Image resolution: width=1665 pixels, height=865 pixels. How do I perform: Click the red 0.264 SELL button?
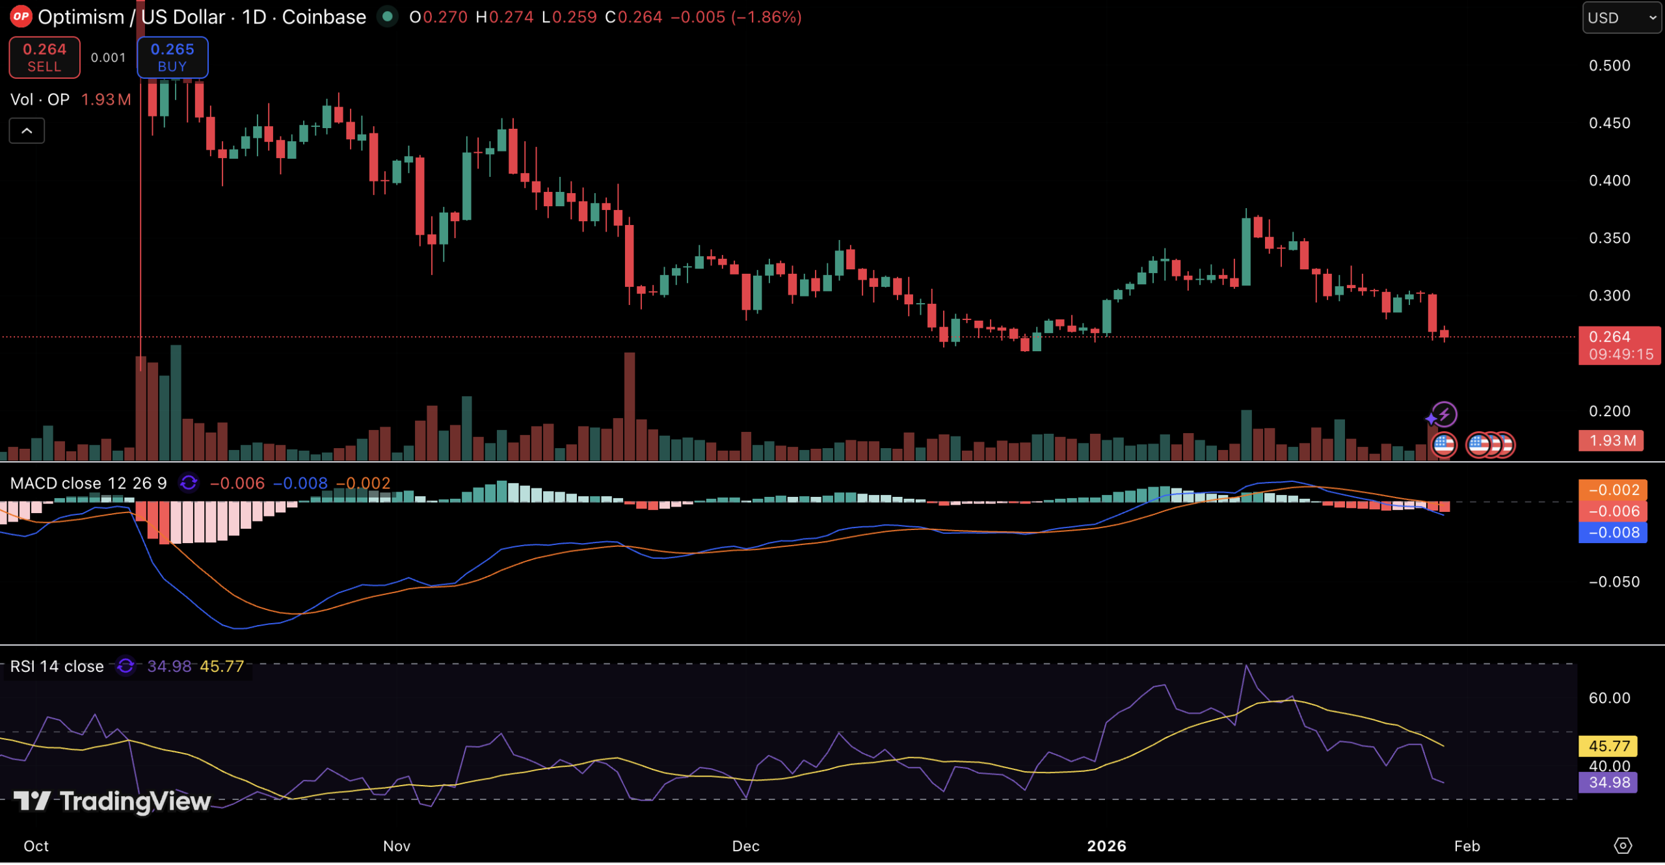[44, 57]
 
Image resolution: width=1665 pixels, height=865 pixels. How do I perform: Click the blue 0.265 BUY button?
[172, 57]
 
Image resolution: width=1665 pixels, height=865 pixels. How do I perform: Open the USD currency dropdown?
[1621, 18]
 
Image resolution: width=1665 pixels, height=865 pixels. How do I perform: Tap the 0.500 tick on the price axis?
[1609, 66]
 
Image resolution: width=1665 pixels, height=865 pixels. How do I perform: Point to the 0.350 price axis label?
[1609, 238]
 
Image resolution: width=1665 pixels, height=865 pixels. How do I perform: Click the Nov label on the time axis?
[397, 846]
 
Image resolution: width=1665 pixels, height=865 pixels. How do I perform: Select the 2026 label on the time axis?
[1106, 846]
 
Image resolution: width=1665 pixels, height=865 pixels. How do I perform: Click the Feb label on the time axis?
[1467, 846]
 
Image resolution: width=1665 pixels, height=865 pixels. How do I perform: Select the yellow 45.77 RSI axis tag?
[1608, 746]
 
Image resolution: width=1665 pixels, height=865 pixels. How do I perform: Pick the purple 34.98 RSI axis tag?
[1608, 782]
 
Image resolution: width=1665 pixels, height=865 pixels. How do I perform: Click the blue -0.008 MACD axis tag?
[1613, 533]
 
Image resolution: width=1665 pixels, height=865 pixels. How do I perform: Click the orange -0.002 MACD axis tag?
[1613, 490]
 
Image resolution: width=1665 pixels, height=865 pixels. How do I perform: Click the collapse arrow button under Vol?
[27, 131]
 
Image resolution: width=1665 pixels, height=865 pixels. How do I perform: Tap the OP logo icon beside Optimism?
[21, 17]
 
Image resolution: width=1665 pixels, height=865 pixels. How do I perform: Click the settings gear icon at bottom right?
[1623, 845]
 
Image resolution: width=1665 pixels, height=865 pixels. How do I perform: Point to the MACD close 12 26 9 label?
[88, 483]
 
